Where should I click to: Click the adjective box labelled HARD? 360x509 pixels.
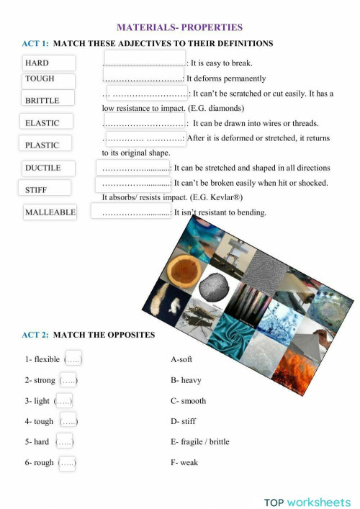pyautogui.click(x=48, y=63)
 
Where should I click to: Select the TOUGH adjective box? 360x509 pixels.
pyautogui.click(x=48, y=78)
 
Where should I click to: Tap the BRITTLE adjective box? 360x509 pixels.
pyautogui.click(x=48, y=99)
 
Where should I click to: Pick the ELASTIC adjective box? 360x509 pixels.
pyautogui.click(x=48, y=123)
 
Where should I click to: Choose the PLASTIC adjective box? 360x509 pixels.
pyautogui.click(x=48, y=144)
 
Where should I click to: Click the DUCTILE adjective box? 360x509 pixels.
pyautogui.click(x=48, y=168)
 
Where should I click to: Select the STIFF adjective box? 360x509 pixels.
pyautogui.click(x=45, y=189)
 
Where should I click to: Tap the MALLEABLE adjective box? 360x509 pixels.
pyautogui.click(x=50, y=212)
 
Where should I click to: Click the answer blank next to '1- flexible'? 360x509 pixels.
pyautogui.click(x=73, y=359)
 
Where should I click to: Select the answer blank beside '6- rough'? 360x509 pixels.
pyautogui.click(x=68, y=463)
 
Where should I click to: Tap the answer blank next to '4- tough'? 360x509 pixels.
pyautogui.click(x=68, y=421)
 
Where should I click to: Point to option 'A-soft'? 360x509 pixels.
pyautogui.click(x=181, y=359)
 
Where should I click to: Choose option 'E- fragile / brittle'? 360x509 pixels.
pyautogui.click(x=200, y=442)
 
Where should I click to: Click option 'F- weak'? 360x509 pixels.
pyautogui.click(x=184, y=463)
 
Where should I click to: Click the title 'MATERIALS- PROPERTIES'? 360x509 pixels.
pyautogui.click(x=179, y=27)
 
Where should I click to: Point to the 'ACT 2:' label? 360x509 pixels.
pyautogui.click(x=35, y=335)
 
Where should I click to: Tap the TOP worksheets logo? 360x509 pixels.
pyautogui.click(x=308, y=502)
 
